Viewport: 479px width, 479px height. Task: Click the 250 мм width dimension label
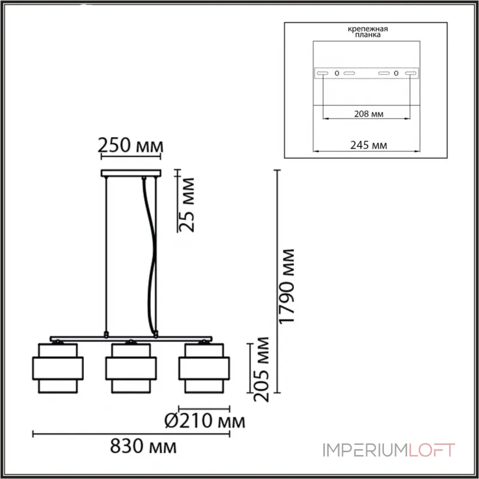[131, 145]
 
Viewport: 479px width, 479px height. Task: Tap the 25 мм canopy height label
[187, 204]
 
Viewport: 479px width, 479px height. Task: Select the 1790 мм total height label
[290, 286]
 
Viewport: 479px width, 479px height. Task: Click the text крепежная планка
[366, 32]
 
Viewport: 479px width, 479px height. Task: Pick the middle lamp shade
[131, 368]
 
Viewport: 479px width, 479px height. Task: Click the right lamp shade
[205, 368]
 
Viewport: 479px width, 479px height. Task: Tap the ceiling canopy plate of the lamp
[131, 174]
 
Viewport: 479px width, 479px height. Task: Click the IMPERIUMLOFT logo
[389, 450]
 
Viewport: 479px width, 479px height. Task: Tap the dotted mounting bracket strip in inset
[366, 73]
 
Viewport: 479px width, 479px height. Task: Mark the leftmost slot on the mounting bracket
[323, 73]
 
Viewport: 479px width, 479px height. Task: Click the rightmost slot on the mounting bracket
[410, 73]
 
